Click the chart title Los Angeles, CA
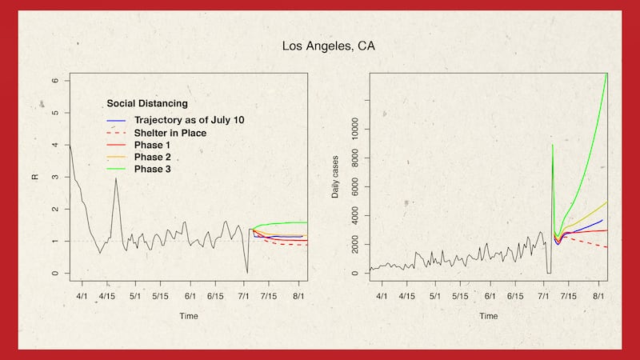328,46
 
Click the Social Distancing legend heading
147,103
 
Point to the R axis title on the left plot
34,176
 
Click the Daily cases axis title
336,175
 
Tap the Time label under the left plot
189,316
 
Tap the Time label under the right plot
489,316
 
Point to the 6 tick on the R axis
55,80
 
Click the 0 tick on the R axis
55,274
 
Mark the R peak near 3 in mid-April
116,178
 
